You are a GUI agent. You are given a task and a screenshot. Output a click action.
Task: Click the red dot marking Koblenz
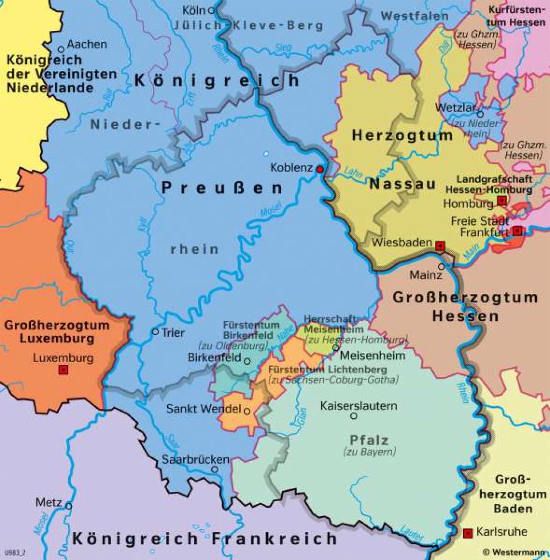(x=320, y=170)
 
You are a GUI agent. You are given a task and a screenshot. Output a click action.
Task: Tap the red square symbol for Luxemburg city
(x=63, y=370)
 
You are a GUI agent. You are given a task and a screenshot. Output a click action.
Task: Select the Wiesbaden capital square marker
(x=439, y=246)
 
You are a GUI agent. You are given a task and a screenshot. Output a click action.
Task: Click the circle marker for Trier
(x=155, y=332)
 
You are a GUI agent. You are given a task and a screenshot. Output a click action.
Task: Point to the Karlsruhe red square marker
(x=468, y=532)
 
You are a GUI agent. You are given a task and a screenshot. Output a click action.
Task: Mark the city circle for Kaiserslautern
(x=354, y=416)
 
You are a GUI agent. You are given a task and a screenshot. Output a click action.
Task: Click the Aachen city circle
(x=62, y=49)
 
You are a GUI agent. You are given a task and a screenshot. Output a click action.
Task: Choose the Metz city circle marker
(x=68, y=506)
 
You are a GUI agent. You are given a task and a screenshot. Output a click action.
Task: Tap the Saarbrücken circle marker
(x=215, y=469)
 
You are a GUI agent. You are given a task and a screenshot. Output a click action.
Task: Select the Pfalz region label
(x=369, y=440)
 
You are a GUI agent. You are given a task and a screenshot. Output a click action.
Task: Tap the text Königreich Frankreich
(x=204, y=538)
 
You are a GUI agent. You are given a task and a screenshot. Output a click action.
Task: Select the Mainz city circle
(x=441, y=266)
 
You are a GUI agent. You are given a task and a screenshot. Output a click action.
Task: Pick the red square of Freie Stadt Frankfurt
(x=517, y=231)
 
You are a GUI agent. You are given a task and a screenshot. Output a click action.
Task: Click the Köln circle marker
(x=211, y=10)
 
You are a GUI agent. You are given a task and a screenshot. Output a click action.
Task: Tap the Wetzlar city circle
(x=480, y=115)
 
